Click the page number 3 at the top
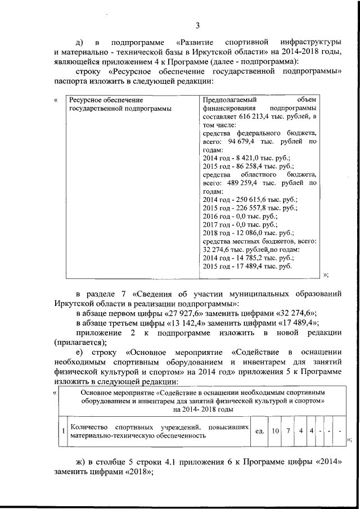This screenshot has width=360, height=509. pyautogui.click(x=197, y=25)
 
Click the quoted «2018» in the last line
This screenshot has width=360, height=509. pyautogui.click(x=138, y=471)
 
